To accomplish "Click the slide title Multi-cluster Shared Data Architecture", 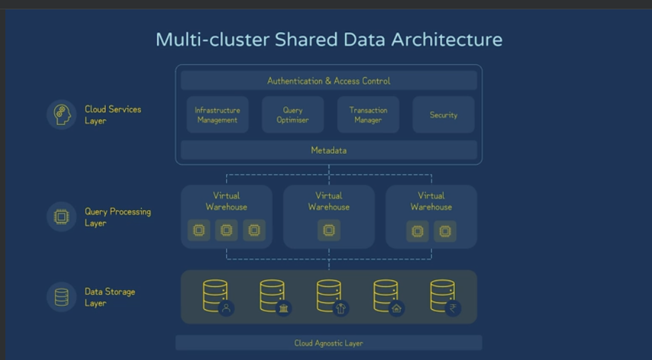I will [x=328, y=39].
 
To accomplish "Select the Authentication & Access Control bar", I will [x=328, y=81].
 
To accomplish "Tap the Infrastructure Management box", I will [x=217, y=115].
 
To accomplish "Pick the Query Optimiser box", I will [x=293, y=115].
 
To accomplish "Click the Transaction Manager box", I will [x=368, y=115].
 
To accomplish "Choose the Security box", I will [x=443, y=115].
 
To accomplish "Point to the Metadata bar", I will [x=328, y=150].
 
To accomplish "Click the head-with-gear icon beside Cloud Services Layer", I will [x=62, y=114].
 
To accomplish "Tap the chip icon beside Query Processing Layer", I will [x=62, y=217].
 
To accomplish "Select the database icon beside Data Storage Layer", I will [x=62, y=297].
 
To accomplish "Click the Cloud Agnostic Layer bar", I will [x=328, y=343].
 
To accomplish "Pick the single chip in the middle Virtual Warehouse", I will [x=328, y=230].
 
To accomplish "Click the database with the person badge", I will [x=216, y=296].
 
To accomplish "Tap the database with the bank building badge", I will [x=273, y=296].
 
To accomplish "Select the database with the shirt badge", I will [x=330, y=296].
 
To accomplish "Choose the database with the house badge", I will [x=387, y=296].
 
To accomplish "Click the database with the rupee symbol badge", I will [x=443, y=296].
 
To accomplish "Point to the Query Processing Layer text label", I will [x=118, y=217].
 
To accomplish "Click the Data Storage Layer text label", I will [x=110, y=297].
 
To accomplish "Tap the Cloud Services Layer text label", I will [x=112, y=114].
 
